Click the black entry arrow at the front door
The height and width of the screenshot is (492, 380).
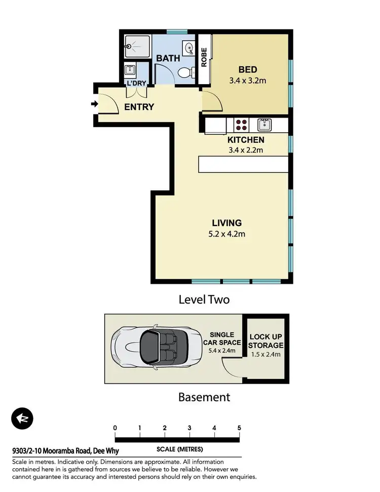(x=94, y=104)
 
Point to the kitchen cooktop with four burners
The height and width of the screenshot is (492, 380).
(x=241, y=125)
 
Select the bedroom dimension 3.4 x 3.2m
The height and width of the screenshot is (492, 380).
(x=248, y=80)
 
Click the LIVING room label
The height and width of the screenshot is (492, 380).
(x=226, y=223)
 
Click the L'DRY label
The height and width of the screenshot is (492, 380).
(x=136, y=83)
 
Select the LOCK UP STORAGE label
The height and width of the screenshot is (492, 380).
(x=265, y=341)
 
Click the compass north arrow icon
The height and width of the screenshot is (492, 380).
(x=22, y=419)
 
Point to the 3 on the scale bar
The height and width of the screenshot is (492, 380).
(x=189, y=428)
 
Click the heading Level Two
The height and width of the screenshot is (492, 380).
(x=204, y=299)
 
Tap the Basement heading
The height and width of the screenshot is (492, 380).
(x=204, y=397)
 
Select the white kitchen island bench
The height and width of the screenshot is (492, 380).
(x=243, y=164)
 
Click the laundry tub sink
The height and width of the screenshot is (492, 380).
(x=130, y=69)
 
